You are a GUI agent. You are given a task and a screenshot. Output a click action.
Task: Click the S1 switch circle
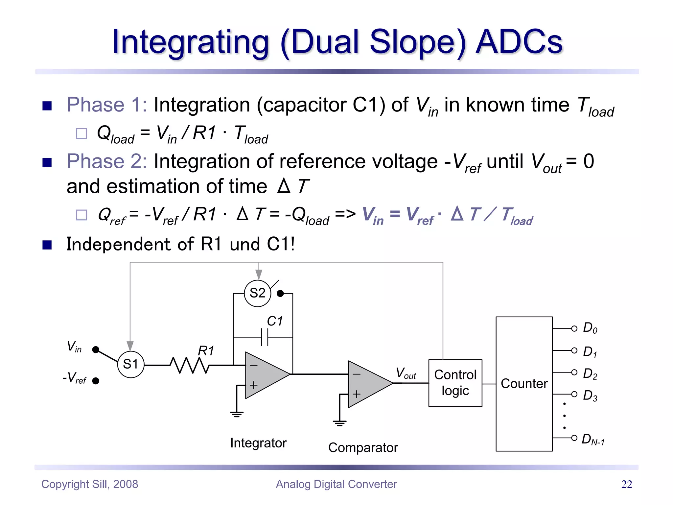(131, 364)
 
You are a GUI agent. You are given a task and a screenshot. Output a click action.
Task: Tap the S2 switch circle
(257, 293)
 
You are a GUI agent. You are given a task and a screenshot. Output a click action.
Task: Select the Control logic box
(455, 383)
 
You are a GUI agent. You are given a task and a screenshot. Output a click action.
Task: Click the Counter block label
(524, 384)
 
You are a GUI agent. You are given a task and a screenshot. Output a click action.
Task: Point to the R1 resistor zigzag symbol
(190, 365)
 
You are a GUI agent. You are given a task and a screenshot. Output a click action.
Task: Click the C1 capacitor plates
(265, 337)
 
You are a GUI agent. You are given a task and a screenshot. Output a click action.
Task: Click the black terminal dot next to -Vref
(96, 381)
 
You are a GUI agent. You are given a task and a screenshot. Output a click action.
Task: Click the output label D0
(590, 328)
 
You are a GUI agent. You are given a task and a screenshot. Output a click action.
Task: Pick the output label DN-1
(592, 440)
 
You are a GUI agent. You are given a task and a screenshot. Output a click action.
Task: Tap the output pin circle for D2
(574, 372)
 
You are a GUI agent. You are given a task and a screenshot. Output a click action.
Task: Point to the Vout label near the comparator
(406, 373)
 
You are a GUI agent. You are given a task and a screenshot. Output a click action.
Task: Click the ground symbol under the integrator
(237, 414)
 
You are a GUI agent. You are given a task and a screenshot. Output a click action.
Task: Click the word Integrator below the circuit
(258, 443)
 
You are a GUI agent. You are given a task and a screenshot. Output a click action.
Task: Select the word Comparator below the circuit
(363, 448)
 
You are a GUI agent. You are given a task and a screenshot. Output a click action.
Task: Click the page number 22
(626, 484)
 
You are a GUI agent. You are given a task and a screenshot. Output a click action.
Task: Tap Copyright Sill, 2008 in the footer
(89, 484)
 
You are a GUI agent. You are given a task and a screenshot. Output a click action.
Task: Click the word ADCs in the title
(519, 42)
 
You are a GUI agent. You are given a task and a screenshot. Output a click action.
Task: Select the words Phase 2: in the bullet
(106, 161)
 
